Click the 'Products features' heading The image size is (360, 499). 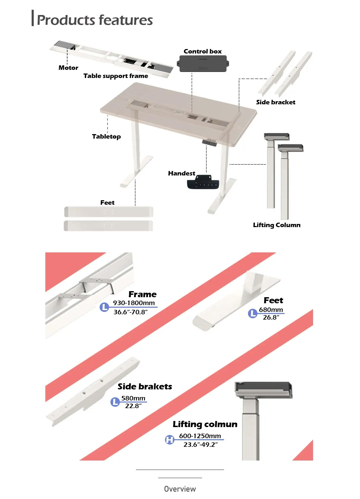pos(95,20)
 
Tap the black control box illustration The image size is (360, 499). pos(203,64)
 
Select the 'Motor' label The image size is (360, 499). pos(68,68)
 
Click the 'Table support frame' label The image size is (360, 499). pos(116,76)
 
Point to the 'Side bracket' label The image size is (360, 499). pos(276,102)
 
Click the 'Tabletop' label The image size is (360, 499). pos(106,136)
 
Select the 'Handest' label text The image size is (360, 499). pos(182,173)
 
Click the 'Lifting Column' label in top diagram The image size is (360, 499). pos(277,225)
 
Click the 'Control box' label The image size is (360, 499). pos(203,51)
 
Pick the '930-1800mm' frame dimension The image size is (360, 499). pos(134,303)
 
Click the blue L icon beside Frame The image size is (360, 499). pos(104,307)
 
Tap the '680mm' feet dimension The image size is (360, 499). pos(271,310)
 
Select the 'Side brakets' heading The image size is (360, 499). pos(145,387)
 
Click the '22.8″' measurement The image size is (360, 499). pos(133,406)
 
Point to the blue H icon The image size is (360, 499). pos(169,439)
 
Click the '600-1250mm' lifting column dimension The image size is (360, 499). pos(200,436)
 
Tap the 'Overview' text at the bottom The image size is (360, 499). pos(180,489)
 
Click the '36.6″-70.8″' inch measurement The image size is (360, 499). pos(130,312)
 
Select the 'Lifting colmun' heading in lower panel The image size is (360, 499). pos(205,424)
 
